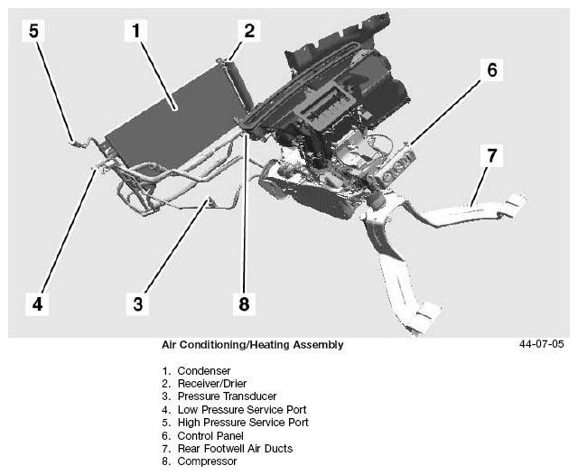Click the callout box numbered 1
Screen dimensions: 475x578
(x=135, y=32)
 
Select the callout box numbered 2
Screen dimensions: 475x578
(x=249, y=32)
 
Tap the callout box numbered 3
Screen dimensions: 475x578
(x=137, y=303)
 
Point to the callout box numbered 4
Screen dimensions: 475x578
(x=37, y=303)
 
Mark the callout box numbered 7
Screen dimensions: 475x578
(x=491, y=155)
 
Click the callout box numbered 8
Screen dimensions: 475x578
(x=243, y=303)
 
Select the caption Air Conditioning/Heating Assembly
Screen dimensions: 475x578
(x=252, y=345)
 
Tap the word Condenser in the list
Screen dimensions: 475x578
(x=203, y=370)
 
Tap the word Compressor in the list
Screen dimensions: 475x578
(x=207, y=461)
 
